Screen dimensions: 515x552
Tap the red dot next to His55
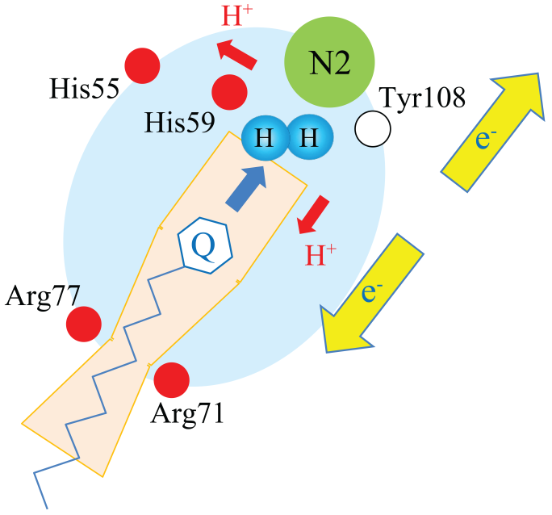click(x=142, y=65)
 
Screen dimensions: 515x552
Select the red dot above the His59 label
click(x=229, y=90)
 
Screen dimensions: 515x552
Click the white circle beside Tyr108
click(x=373, y=129)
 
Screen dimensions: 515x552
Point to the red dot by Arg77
click(x=83, y=324)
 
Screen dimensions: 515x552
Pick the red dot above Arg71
click(x=171, y=380)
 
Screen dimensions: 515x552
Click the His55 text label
click(x=84, y=89)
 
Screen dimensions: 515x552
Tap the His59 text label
click(x=180, y=124)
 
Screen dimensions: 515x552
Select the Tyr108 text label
click(x=423, y=100)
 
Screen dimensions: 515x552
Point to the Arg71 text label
click(x=187, y=415)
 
